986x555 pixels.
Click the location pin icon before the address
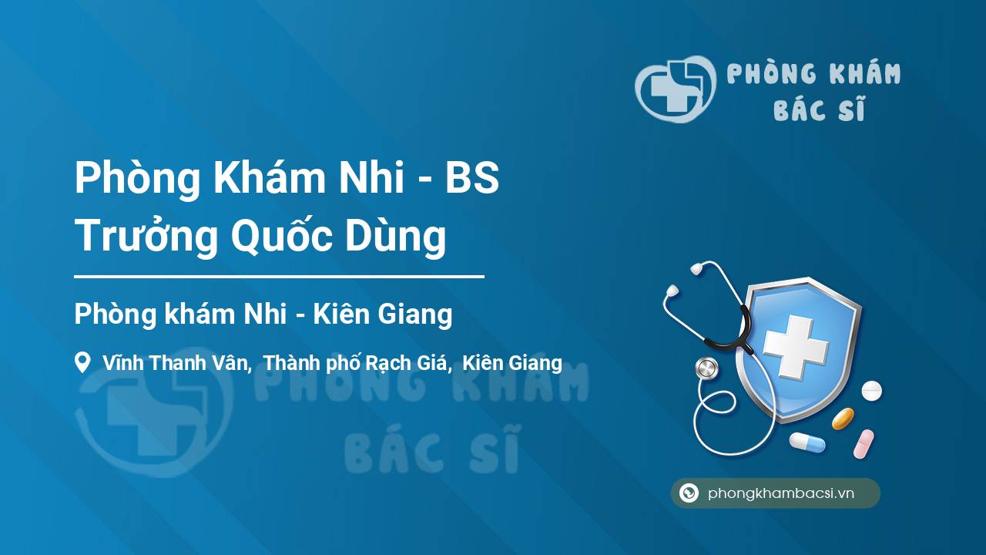click(82, 362)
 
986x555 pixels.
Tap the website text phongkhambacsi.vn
click(781, 493)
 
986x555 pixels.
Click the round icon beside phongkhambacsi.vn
click(689, 493)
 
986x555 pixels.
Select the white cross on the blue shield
click(796, 347)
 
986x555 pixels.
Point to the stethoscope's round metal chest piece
click(706, 368)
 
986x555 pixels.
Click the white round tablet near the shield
click(871, 391)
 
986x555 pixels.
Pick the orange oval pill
click(843, 419)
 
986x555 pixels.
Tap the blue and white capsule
click(807, 442)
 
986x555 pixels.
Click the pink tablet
click(864, 444)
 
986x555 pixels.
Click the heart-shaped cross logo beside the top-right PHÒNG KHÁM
click(675, 89)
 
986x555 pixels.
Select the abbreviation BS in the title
click(472, 178)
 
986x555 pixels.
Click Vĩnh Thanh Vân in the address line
click(177, 363)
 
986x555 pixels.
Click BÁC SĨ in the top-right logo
click(819, 109)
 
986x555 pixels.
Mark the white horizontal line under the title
click(279, 277)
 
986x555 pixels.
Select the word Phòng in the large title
click(137, 178)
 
